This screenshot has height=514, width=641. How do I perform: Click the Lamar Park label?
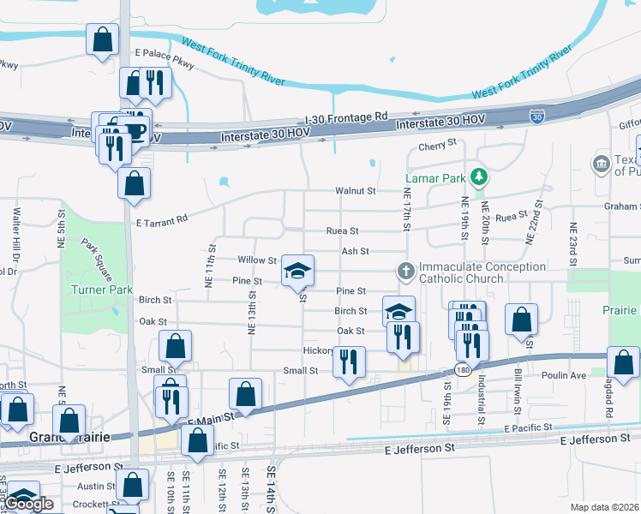click(x=435, y=178)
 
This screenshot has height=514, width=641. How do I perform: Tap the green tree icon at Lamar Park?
click(x=480, y=177)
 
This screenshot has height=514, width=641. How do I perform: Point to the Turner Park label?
click(x=101, y=290)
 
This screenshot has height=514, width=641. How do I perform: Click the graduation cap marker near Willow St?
click(x=297, y=271)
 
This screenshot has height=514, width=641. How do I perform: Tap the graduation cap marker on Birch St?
click(x=398, y=311)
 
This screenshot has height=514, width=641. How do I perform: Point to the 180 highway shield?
click(x=462, y=370)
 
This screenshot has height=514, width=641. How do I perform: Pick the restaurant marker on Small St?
click(x=349, y=362)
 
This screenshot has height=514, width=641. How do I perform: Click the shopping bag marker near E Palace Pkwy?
click(x=103, y=40)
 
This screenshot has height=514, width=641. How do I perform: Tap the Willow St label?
click(x=257, y=260)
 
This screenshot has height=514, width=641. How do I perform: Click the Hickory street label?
click(x=318, y=350)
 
